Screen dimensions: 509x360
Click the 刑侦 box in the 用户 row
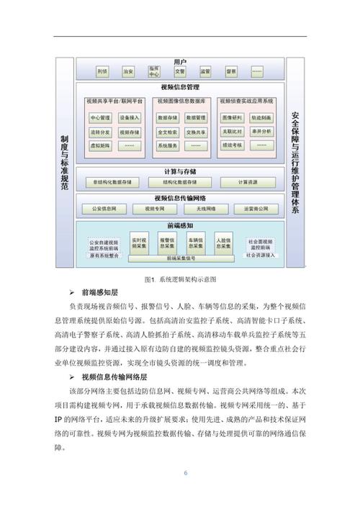(103, 72)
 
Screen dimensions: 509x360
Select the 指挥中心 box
(154, 72)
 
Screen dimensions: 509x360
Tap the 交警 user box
(179, 72)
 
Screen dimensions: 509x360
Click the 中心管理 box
(99, 117)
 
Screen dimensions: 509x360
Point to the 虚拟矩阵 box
(99, 145)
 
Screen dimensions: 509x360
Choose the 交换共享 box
(197, 132)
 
